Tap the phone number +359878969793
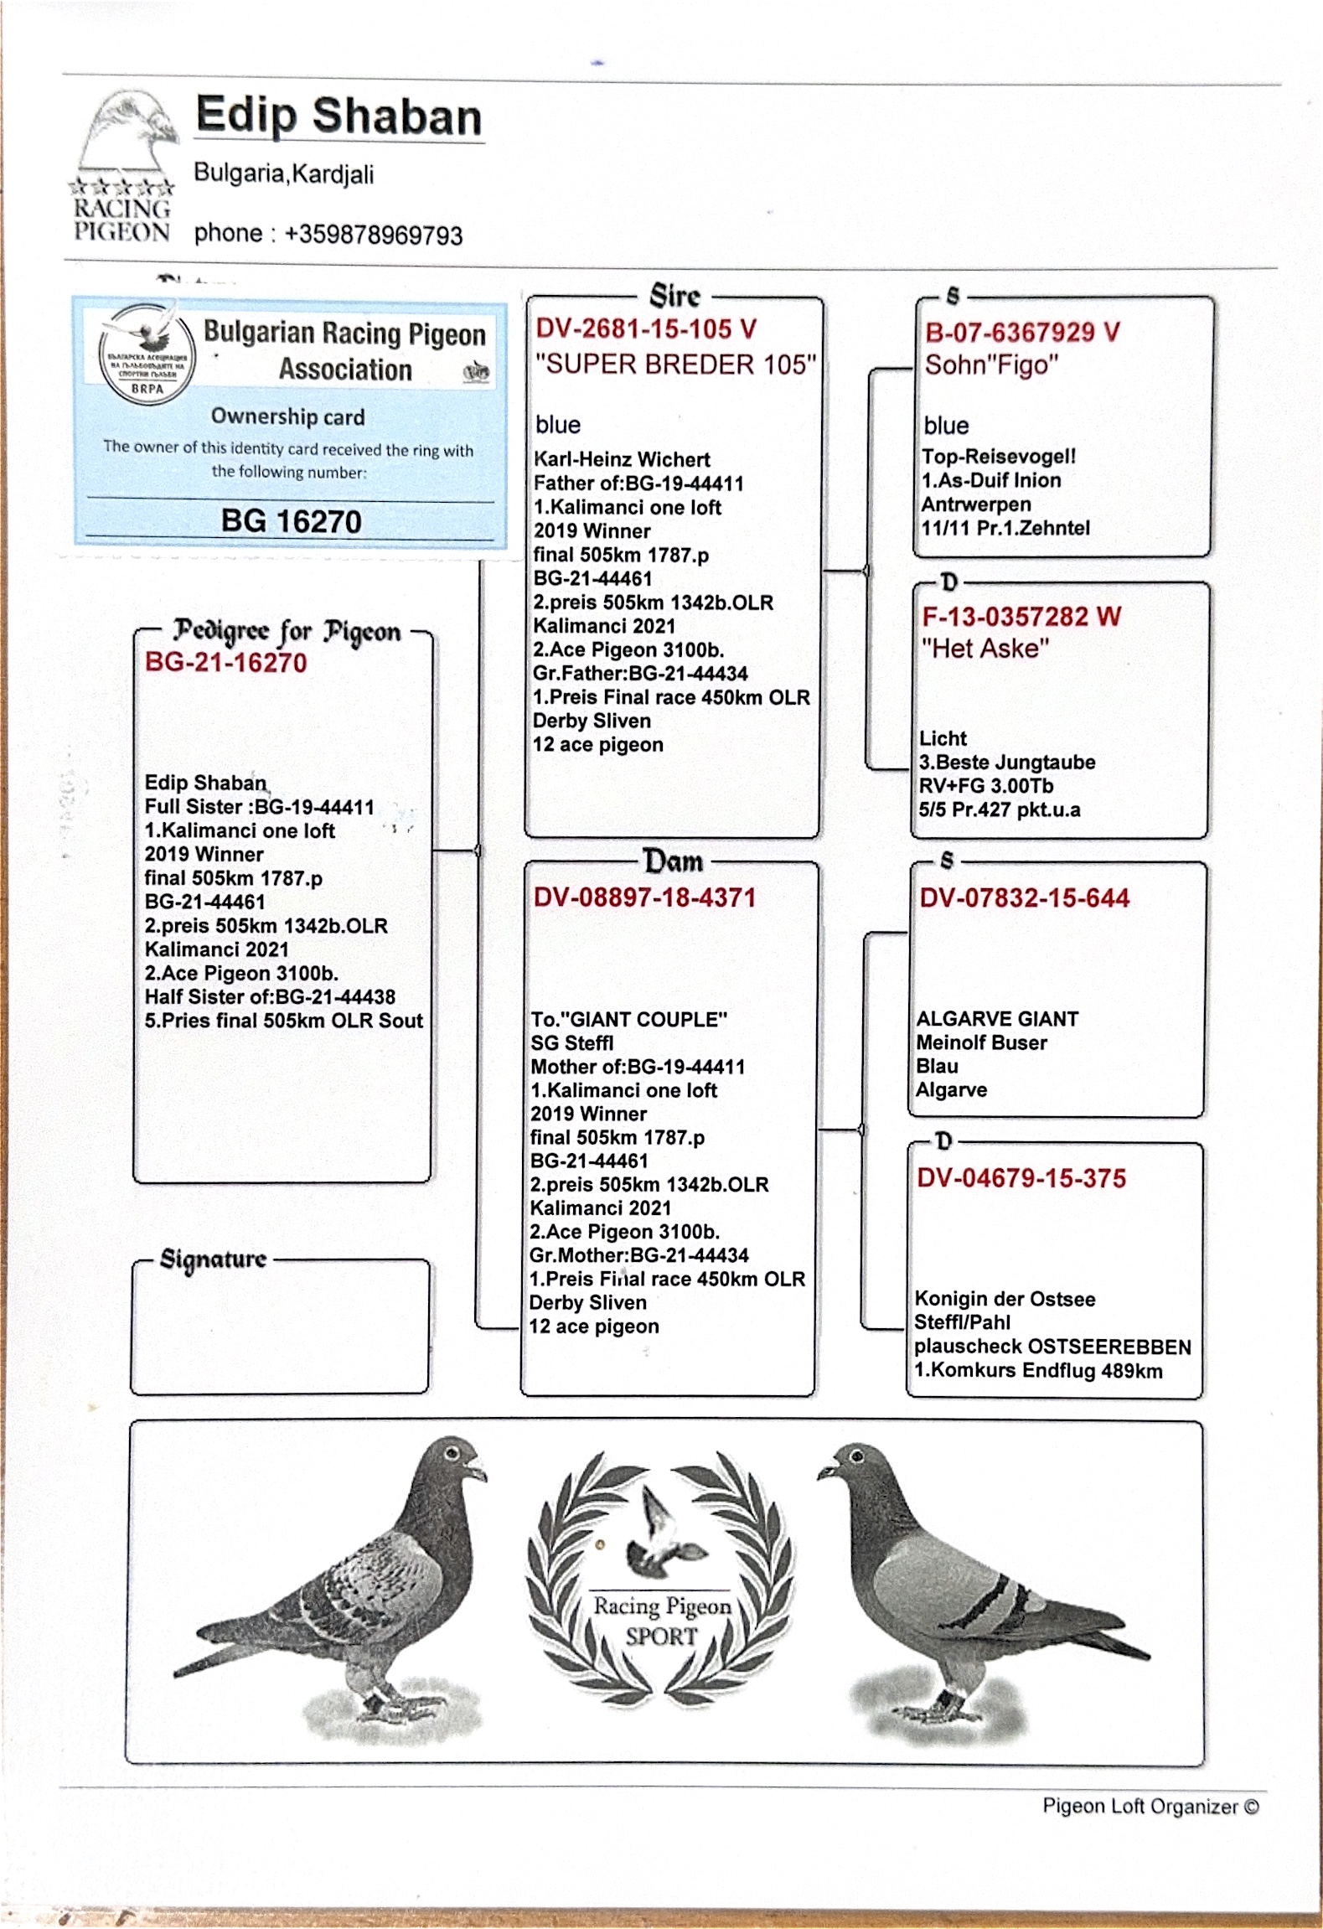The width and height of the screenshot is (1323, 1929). (374, 234)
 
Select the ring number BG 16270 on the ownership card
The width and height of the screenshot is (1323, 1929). (291, 521)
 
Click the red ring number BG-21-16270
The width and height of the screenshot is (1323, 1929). (225, 662)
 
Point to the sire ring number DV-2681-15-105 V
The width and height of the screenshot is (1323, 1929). (646, 328)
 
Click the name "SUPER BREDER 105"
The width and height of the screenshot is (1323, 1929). (675, 364)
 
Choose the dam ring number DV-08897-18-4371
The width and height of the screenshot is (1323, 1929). (644, 897)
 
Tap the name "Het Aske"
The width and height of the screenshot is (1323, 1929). (984, 648)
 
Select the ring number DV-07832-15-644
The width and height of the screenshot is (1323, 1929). (1024, 898)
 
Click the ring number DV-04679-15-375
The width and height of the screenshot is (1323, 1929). (1021, 1178)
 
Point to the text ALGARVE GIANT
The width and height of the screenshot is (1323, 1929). (996, 1019)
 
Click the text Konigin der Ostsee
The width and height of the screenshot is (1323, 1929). (1004, 1299)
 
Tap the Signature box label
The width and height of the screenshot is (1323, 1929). (213, 1259)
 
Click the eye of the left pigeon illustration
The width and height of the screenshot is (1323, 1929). (452, 1452)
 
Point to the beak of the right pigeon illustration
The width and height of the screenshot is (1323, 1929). (825, 1469)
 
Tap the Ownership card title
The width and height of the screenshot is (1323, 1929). (287, 416)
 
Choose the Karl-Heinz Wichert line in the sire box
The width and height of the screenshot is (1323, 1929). (622, 459)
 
